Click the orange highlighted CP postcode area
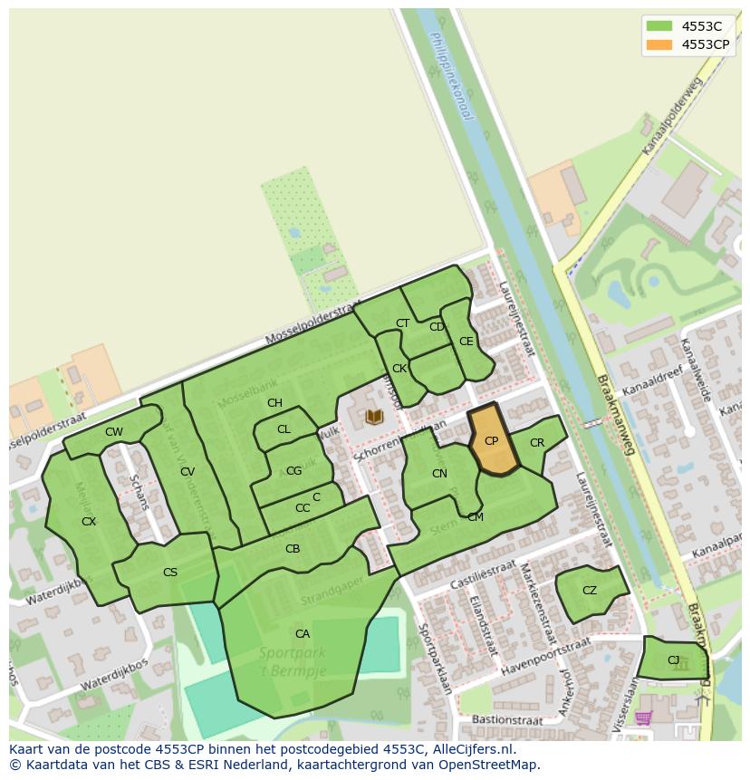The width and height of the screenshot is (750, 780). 493,441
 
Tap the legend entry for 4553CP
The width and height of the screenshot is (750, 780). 705,43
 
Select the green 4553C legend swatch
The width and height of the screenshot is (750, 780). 659,26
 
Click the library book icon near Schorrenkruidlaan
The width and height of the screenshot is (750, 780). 374,417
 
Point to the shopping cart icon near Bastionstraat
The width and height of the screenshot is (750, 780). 643,717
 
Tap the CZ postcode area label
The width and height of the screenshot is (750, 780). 590,591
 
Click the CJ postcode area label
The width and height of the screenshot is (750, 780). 673,660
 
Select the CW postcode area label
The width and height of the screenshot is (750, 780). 113,432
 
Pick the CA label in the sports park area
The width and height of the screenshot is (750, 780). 303,633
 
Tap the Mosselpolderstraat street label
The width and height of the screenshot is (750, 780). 312,324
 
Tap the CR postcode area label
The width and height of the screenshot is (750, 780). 537,443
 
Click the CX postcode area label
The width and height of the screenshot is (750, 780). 89,522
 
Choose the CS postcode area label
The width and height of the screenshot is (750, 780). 170,572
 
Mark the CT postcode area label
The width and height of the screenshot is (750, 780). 402,323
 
